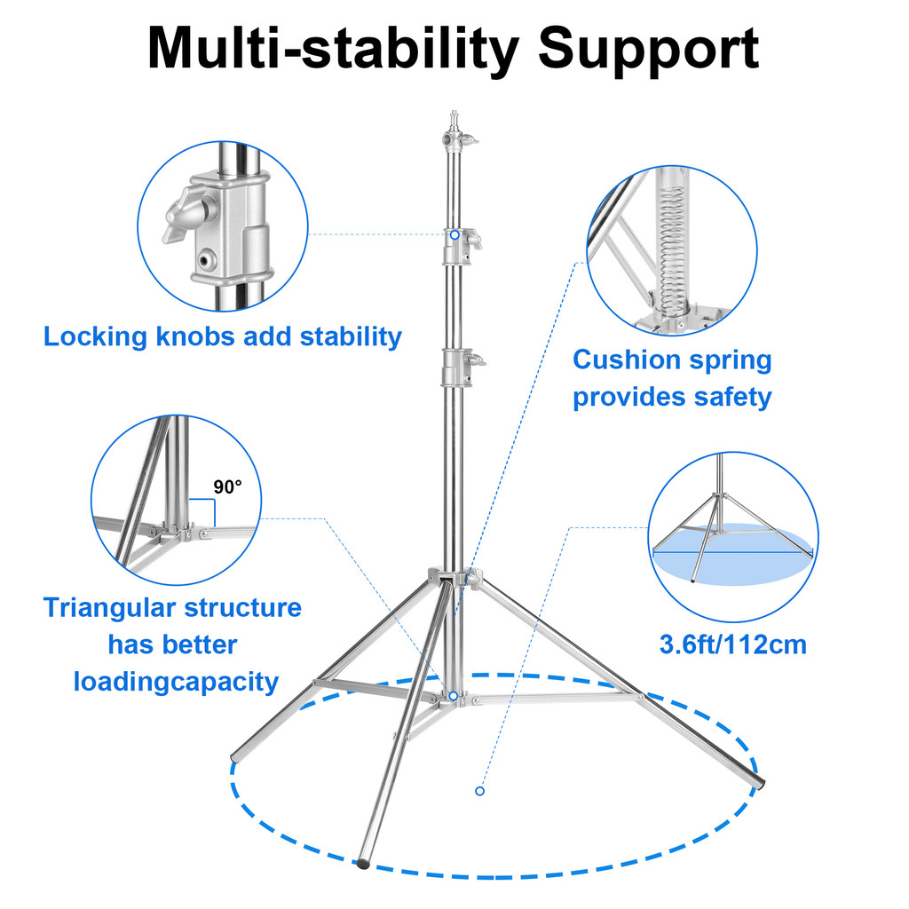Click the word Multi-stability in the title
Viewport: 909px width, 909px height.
[334, 49]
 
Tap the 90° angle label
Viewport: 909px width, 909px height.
[227, 487]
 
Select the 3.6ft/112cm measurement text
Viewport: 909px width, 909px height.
[732, 644]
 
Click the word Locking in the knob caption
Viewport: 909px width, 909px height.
[95, 337]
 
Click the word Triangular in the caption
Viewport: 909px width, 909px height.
[109, 609]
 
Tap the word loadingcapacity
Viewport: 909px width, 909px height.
[176, 683]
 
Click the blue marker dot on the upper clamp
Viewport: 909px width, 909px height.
[455, 234]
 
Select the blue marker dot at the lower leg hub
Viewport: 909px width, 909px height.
[454, 695]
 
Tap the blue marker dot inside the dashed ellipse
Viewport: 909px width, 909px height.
[479, 791]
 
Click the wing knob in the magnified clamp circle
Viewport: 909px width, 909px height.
[189, 215]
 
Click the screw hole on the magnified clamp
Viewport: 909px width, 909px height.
[205, 258]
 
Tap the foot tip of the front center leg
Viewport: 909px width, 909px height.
[363, 863]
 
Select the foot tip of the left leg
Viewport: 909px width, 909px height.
[235, 757]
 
